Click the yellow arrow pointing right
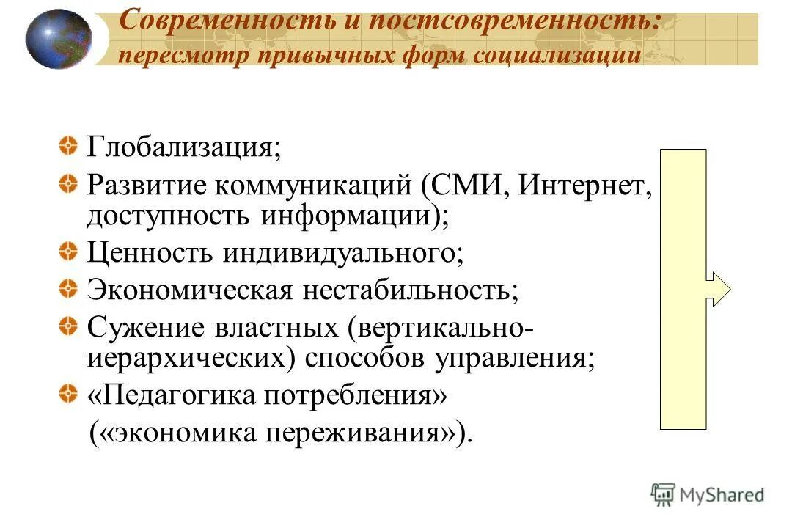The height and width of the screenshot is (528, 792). click(x=718, y=288)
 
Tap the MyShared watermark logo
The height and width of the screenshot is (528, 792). click(x=707, y=494)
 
